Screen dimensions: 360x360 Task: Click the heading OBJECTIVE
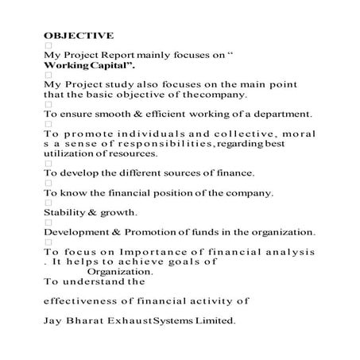point(79,35)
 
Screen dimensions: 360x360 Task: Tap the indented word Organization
point(118,270)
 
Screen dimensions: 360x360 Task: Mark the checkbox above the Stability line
point(48,203)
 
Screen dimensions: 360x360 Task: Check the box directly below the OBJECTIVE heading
point(48,45)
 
